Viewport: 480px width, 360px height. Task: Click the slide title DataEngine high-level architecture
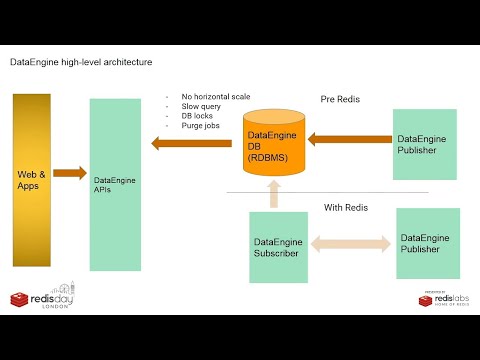[81, 62]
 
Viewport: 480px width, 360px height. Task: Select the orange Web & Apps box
[32, 180]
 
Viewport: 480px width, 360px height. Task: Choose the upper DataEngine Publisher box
[425, 144]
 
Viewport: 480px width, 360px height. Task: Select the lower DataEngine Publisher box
[428, 243]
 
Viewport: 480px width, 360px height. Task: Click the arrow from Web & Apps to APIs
[70, 174]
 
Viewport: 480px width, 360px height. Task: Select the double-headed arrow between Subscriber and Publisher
[351, 243]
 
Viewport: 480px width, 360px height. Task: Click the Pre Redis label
[341, 100]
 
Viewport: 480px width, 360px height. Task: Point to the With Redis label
[347, 208]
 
